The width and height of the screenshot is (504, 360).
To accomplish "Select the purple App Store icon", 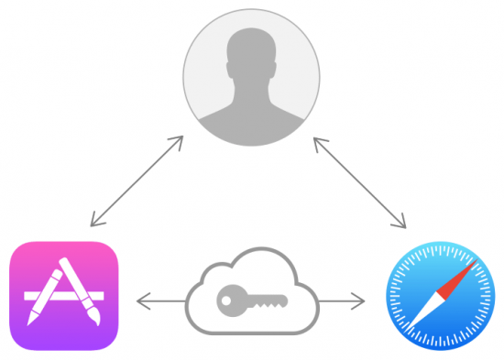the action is click(x=63, y=295).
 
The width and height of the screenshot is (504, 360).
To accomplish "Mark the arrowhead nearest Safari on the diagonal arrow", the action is click(x=402, y=224).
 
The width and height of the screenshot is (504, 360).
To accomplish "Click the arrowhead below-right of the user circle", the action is click(x=317, y=140).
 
